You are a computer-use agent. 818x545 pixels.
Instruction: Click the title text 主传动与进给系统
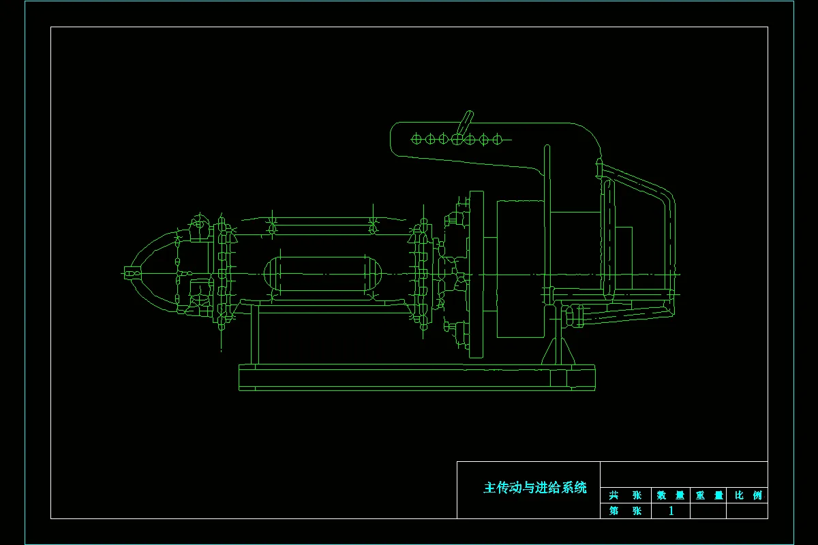[535, 488]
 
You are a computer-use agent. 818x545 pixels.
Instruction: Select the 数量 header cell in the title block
[671, 495]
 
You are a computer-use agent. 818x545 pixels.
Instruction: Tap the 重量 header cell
[709, 495]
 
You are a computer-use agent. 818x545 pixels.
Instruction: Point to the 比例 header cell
[748, 495]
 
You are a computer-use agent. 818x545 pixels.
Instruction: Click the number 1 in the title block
[671, 511]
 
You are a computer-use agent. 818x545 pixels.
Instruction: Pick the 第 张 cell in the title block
[626, 511]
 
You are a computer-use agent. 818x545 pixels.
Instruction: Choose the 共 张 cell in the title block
[626, 495]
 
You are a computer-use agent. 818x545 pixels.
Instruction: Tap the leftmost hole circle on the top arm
[416, 139]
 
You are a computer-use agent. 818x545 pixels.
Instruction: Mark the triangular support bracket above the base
[558, 352]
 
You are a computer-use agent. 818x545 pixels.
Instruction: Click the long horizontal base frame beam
[416, 377]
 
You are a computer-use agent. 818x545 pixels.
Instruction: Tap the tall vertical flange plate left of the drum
[476, 274]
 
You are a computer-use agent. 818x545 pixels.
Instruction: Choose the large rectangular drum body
[521, 269]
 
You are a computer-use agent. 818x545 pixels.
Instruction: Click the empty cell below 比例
[747, 511]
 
